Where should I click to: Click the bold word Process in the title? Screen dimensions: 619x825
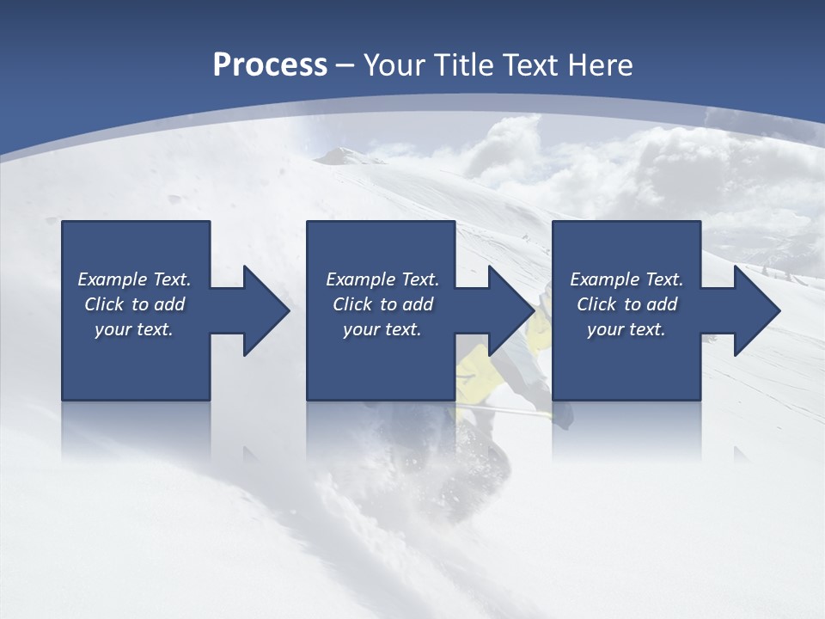270,65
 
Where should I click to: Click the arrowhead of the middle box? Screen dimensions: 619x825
509,310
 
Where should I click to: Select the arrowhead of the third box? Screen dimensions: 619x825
755,310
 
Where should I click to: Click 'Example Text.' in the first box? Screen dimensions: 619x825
134,279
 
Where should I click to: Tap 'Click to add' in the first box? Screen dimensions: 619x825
134,304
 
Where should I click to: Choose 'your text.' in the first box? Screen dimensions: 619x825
134,329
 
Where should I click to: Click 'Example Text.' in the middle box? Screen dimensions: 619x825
382,279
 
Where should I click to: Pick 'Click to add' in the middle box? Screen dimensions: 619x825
382,304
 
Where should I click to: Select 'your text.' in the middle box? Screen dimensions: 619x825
382,329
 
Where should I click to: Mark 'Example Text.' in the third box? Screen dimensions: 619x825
626,279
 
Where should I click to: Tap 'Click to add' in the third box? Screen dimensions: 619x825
626,304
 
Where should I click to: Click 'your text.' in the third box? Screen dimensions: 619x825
626,329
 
